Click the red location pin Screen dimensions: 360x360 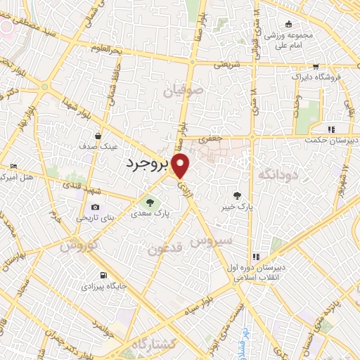[181, 166]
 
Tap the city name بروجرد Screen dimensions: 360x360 [147, 163]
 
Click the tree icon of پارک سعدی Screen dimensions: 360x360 [148, 204]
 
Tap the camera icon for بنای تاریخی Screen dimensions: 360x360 [95, 207]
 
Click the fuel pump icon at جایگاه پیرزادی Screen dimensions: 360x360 [104, 275]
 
